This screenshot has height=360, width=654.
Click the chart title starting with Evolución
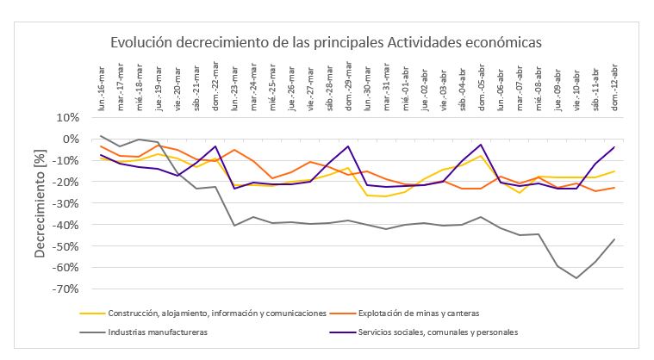325,42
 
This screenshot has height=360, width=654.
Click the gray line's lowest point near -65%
576,278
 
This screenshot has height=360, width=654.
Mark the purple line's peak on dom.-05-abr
481,145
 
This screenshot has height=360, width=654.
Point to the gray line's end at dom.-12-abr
614,239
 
